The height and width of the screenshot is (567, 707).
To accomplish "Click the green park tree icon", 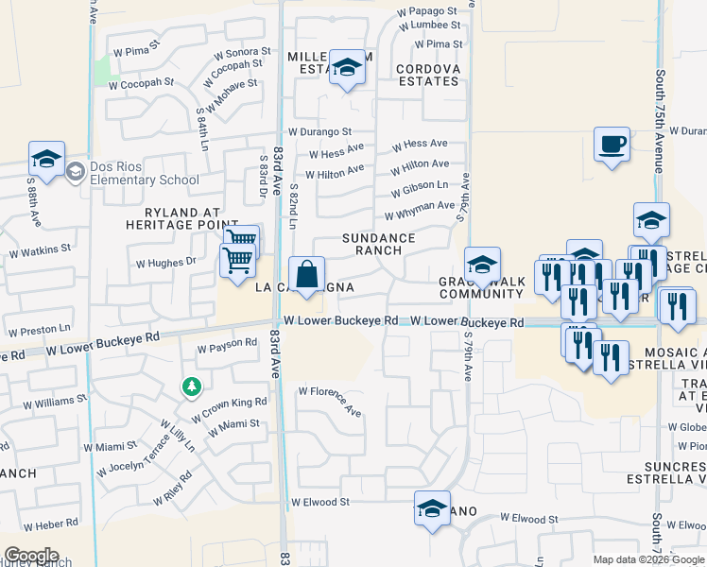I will pos(192,387).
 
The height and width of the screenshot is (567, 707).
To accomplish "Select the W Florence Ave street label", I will pos(330,400).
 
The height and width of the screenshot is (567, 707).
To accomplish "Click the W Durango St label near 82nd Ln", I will pos(319,132).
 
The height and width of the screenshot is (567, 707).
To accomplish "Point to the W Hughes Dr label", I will pos(165,264).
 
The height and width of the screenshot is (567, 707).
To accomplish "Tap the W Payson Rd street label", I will pos(226,347).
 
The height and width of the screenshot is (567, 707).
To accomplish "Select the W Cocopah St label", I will pos(143,82).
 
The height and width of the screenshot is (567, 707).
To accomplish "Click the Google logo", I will pos(31,556).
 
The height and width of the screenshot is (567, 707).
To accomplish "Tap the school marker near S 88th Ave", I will pos(45,158).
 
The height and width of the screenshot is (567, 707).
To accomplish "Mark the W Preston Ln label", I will pos(39,330).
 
